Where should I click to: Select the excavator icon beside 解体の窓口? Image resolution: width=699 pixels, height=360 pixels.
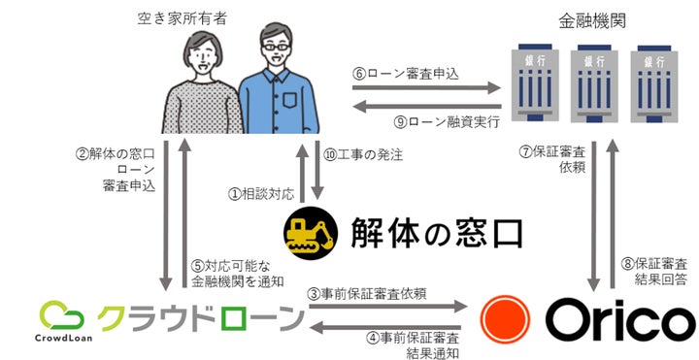(309, 233)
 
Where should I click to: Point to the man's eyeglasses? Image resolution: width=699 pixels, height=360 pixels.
(275, 49)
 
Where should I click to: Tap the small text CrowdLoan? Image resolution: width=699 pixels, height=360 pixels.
(61, 340)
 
